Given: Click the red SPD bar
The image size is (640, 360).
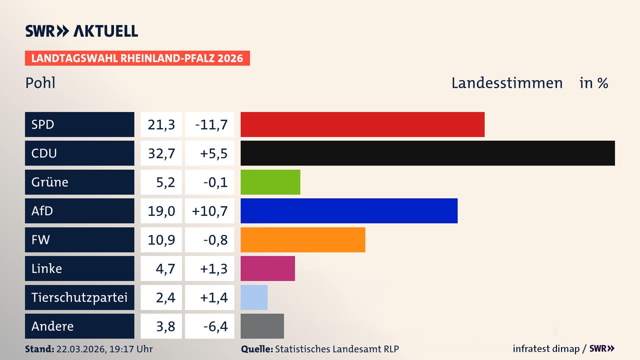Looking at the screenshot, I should coord(362,124).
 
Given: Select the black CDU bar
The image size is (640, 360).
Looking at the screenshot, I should coord(428,153).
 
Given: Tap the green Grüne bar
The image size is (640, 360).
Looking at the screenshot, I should coord(270,182).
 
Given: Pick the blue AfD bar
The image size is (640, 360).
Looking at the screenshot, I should coord(349,211).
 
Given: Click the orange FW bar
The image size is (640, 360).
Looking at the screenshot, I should coord(303,240).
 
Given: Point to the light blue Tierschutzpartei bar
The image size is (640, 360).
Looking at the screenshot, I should coord(254,297).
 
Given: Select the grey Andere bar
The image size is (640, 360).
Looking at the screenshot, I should coord(262,326).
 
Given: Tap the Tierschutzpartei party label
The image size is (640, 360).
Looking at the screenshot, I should coord(79,297).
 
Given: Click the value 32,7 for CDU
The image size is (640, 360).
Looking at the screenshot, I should coord(161,153).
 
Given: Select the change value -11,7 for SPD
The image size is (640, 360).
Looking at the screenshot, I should coord(211,125).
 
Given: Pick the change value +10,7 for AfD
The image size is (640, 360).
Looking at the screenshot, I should coord(210,211).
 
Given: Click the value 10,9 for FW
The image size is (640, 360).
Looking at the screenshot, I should coord(161,240).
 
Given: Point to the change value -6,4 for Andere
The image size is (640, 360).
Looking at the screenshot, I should coord(215,326).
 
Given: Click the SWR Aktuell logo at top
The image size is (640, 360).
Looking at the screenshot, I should coord(81,31).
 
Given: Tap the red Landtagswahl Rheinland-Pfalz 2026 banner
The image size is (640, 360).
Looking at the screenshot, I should coord(137,58).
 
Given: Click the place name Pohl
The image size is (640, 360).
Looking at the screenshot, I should coord(40,83).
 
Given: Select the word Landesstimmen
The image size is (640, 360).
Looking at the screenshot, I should coord(507,83).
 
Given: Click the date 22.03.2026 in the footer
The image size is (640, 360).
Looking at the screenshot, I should coord(81,349).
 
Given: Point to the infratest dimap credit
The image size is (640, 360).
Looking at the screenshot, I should coord(546,349).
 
